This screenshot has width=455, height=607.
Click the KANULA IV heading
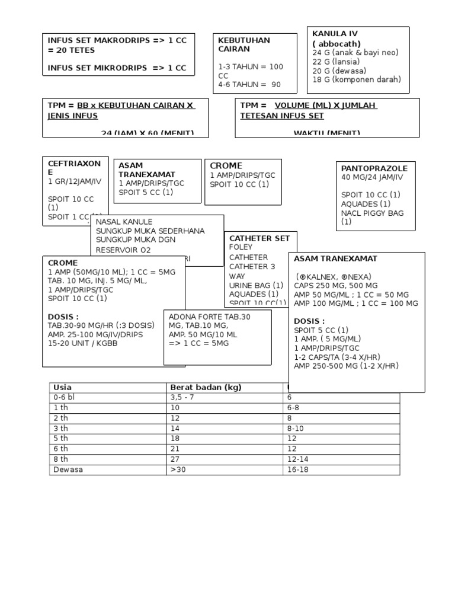tap(335, 34)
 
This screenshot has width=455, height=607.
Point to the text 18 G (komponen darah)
tap(357, 79)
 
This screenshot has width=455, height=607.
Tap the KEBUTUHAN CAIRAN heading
tap(243, 45)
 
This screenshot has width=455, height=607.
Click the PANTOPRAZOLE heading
tap(374, 168)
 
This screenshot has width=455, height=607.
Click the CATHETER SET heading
tap(259, 238)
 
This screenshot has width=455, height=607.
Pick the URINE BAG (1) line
tap(257, 285)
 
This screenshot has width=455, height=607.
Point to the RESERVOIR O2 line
tap(123, 250)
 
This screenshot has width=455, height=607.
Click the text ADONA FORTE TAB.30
tap(210, 317)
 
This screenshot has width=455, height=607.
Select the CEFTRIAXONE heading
tap(74, 167)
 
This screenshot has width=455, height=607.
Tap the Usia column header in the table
tap(62, 388)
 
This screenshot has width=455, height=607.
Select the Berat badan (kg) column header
tap(206, 388)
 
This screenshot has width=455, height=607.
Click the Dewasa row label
tap(68, 469)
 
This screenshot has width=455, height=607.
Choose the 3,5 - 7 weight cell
tap(182, 398)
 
